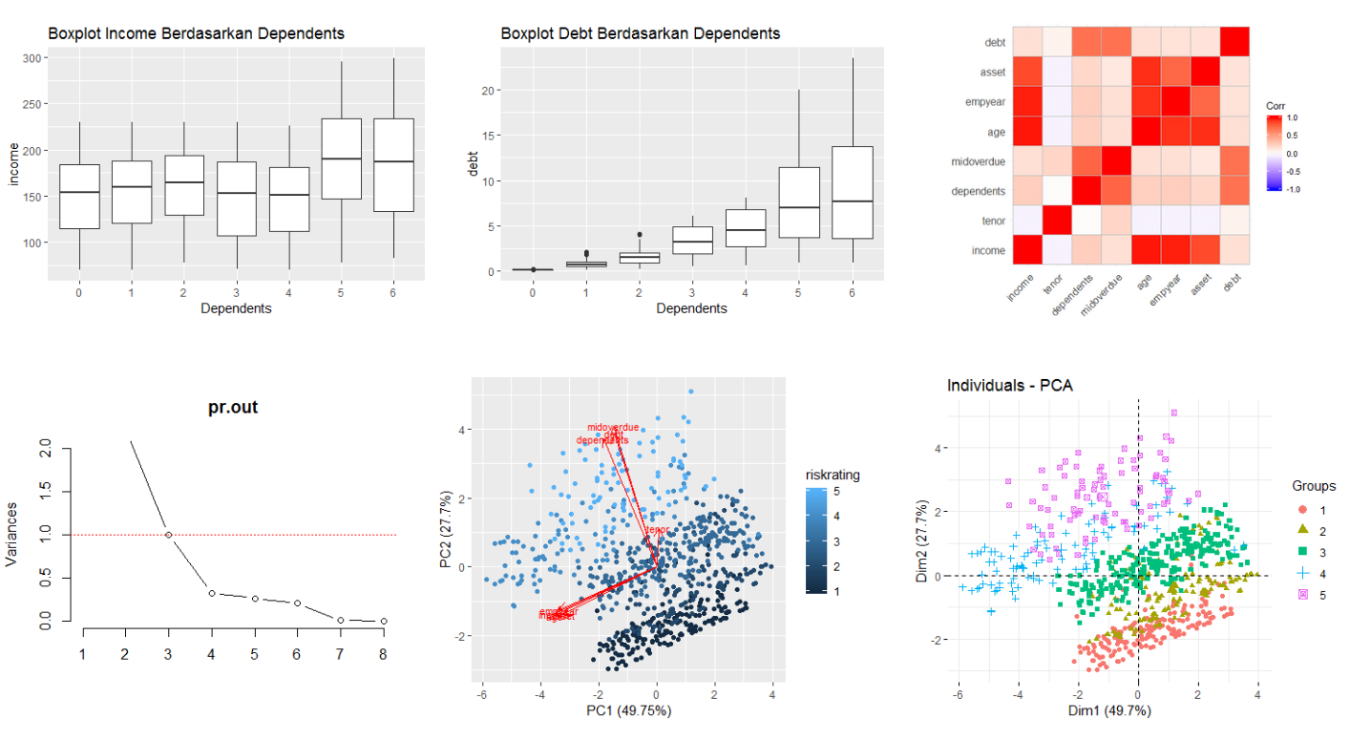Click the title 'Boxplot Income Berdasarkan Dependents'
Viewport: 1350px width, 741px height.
point(196,33)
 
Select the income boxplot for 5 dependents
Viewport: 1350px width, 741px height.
point(341,159)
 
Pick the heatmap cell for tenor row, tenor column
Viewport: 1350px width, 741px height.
point(1057,222)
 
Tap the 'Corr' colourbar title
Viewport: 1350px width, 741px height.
point(1276,105)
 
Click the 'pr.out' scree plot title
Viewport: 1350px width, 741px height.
point(233,408)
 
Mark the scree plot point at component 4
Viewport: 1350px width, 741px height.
point(211,593)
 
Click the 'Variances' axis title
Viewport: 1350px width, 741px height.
point(13,535)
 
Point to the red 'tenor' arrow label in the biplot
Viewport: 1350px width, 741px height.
point(657,530)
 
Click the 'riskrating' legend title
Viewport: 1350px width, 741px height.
point(833,475)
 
